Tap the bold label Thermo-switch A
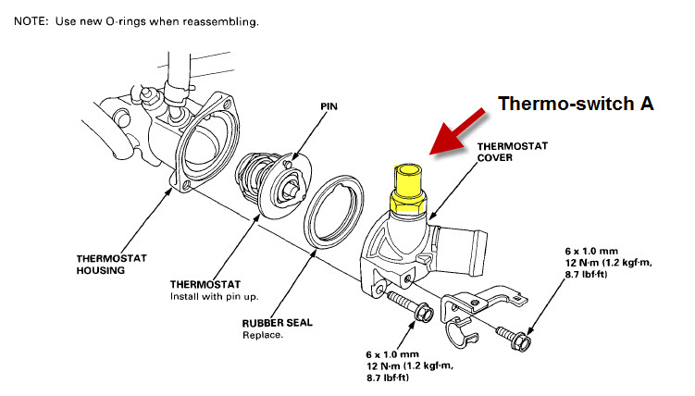pos(577,104)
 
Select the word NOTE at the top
pos(31,19)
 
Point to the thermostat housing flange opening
pos(208,139)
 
